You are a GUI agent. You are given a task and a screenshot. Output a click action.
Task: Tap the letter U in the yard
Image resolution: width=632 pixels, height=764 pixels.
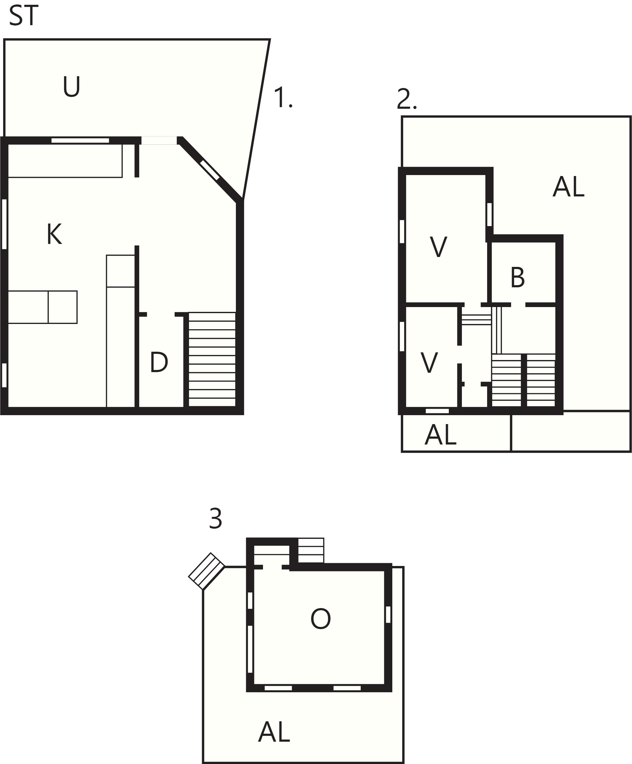71,86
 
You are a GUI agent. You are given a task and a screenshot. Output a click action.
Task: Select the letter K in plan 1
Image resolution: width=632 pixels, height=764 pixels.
54,234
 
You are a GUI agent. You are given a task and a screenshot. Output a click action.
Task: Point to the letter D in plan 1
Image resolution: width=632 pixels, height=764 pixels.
159,362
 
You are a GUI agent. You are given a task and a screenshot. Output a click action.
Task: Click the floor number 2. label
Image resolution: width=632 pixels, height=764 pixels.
406,99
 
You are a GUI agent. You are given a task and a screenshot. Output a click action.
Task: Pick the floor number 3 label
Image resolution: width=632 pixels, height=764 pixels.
215,518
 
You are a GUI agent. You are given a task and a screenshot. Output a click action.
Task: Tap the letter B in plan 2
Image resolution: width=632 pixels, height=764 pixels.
517,277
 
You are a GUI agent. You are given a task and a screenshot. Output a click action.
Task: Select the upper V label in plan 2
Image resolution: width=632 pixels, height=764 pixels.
438,247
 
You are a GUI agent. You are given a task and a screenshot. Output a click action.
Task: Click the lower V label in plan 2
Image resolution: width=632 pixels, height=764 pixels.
429,363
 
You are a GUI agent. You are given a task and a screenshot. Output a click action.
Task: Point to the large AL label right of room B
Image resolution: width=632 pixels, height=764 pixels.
568,187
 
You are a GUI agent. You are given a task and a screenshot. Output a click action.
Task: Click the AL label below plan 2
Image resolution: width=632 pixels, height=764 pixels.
440,435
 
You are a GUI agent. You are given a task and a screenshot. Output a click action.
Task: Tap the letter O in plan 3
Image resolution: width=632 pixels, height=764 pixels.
320,619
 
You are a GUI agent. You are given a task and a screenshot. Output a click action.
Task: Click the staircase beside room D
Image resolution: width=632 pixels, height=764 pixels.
212,360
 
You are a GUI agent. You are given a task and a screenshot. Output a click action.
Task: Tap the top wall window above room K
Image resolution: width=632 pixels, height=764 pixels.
80,141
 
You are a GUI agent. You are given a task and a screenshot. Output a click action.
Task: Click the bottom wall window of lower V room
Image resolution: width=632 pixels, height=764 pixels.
437,411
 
